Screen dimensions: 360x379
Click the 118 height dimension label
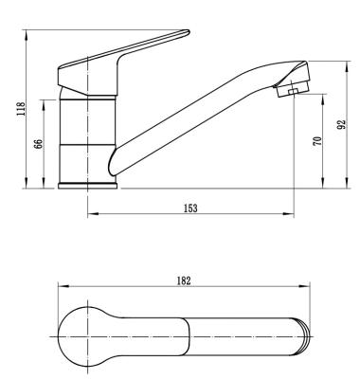(21, 109)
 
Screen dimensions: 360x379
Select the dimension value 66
(38, 144)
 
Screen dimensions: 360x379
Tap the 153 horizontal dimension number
(190, 208)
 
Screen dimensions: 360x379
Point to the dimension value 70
(318, 140)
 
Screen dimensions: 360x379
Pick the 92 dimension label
(342, 124)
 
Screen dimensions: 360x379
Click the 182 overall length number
(184, 280)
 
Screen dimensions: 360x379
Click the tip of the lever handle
(189, 31)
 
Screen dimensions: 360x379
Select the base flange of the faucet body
(87, 186)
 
